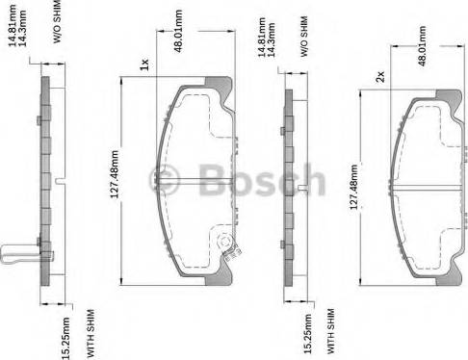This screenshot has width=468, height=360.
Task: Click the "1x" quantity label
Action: coord(144,64)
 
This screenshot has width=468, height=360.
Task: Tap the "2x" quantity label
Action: coord(380,77)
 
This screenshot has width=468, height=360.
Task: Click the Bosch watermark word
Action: coord(262,180)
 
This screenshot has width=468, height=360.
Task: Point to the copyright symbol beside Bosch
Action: coord(165,180)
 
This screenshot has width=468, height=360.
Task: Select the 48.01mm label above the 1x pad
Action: coord(178,31)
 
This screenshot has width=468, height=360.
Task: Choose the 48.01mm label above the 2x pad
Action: coord(422,46)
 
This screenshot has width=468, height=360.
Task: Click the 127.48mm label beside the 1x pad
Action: coord(115,174)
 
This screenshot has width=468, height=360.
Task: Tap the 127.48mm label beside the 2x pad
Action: coord(353,188)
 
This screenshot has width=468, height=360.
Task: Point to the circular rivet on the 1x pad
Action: coord(224,241)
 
